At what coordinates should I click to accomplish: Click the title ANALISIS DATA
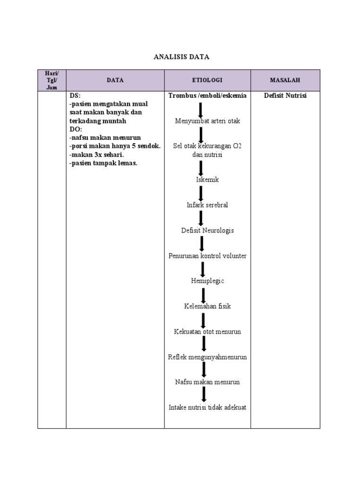click(x=181, y=57)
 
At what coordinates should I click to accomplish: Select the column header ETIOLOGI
click(x=207, y=80)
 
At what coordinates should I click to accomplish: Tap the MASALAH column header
click(x=285, y=80)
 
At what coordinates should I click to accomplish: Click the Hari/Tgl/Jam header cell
click(x=52, y=80)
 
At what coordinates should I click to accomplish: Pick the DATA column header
click(x=115, y=80)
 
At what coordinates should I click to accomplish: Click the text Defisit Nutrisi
click(x=285, y=95)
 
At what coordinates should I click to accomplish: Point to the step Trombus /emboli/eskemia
click(x=207, y=95)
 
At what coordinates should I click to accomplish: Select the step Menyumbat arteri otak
click(x=207, y=121)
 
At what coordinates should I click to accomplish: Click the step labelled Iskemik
click(x=207, y=180)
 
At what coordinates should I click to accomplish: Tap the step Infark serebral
click(x=207, y=205)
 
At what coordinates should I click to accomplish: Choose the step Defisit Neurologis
click(x=207, y=231)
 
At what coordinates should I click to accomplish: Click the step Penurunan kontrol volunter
click(x=207, y=256)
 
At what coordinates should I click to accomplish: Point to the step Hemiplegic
click(x=207, y=281)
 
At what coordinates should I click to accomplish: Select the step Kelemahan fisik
click(x=207, y=306)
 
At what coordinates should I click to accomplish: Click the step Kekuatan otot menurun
click(x=207, y=331)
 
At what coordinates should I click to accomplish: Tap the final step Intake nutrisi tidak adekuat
click(x=207, y=407)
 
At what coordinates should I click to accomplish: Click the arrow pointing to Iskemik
click(x=201, y=168)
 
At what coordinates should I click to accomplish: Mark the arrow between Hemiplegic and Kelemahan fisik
click(x=203, y=294)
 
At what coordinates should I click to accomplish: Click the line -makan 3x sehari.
click(x=96, y=155)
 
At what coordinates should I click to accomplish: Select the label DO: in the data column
click(x=76, y=129)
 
